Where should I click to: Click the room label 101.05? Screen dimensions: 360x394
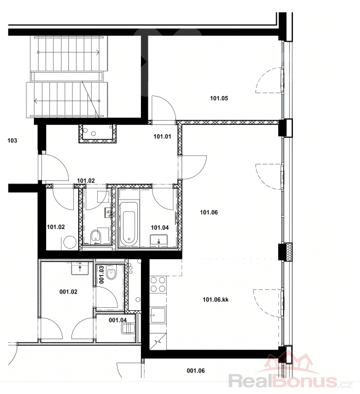pyautogui.click(x=219, y=98)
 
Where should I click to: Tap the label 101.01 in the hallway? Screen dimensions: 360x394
pyautogui.click(x=162, y=137)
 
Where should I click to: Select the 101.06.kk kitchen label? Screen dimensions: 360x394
pyautogui.click(x=215, y=300)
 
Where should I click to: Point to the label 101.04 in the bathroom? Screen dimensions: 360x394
pyautogui.click(x=160, y=228)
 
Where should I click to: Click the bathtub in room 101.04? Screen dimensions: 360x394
pyautogui.click(x=129, y=224)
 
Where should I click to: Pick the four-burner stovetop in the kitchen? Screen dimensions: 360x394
pyautogui.click(x=158, y=284)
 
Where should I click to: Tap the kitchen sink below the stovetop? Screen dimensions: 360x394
pyautogui.click(x=158, y=316)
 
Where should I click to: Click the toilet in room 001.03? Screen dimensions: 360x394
pyautogui.click(x=111, y=273)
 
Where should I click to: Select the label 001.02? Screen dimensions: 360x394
pyautogui.click(x=68, y=292)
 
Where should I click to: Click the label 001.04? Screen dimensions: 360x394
pyautogui.click(x=118, y=320)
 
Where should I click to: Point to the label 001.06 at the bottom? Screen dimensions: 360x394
pyautogui.click(x=196, y=371)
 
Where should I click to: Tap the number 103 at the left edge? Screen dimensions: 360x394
pyautogui.click(x=12, y=140)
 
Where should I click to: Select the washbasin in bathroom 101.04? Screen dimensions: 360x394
pyautogui.click(x=159, y=241)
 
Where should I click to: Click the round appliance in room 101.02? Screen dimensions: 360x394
pyautogui.click(x=70, y=243)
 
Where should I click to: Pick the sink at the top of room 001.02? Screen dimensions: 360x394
pyautogui.click(x=80, y=268)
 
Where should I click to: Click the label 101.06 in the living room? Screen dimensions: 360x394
pyautogui.click(x=209, y=212)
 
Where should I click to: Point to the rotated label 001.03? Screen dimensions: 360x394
pyautogui.click(x=102, y=275)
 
